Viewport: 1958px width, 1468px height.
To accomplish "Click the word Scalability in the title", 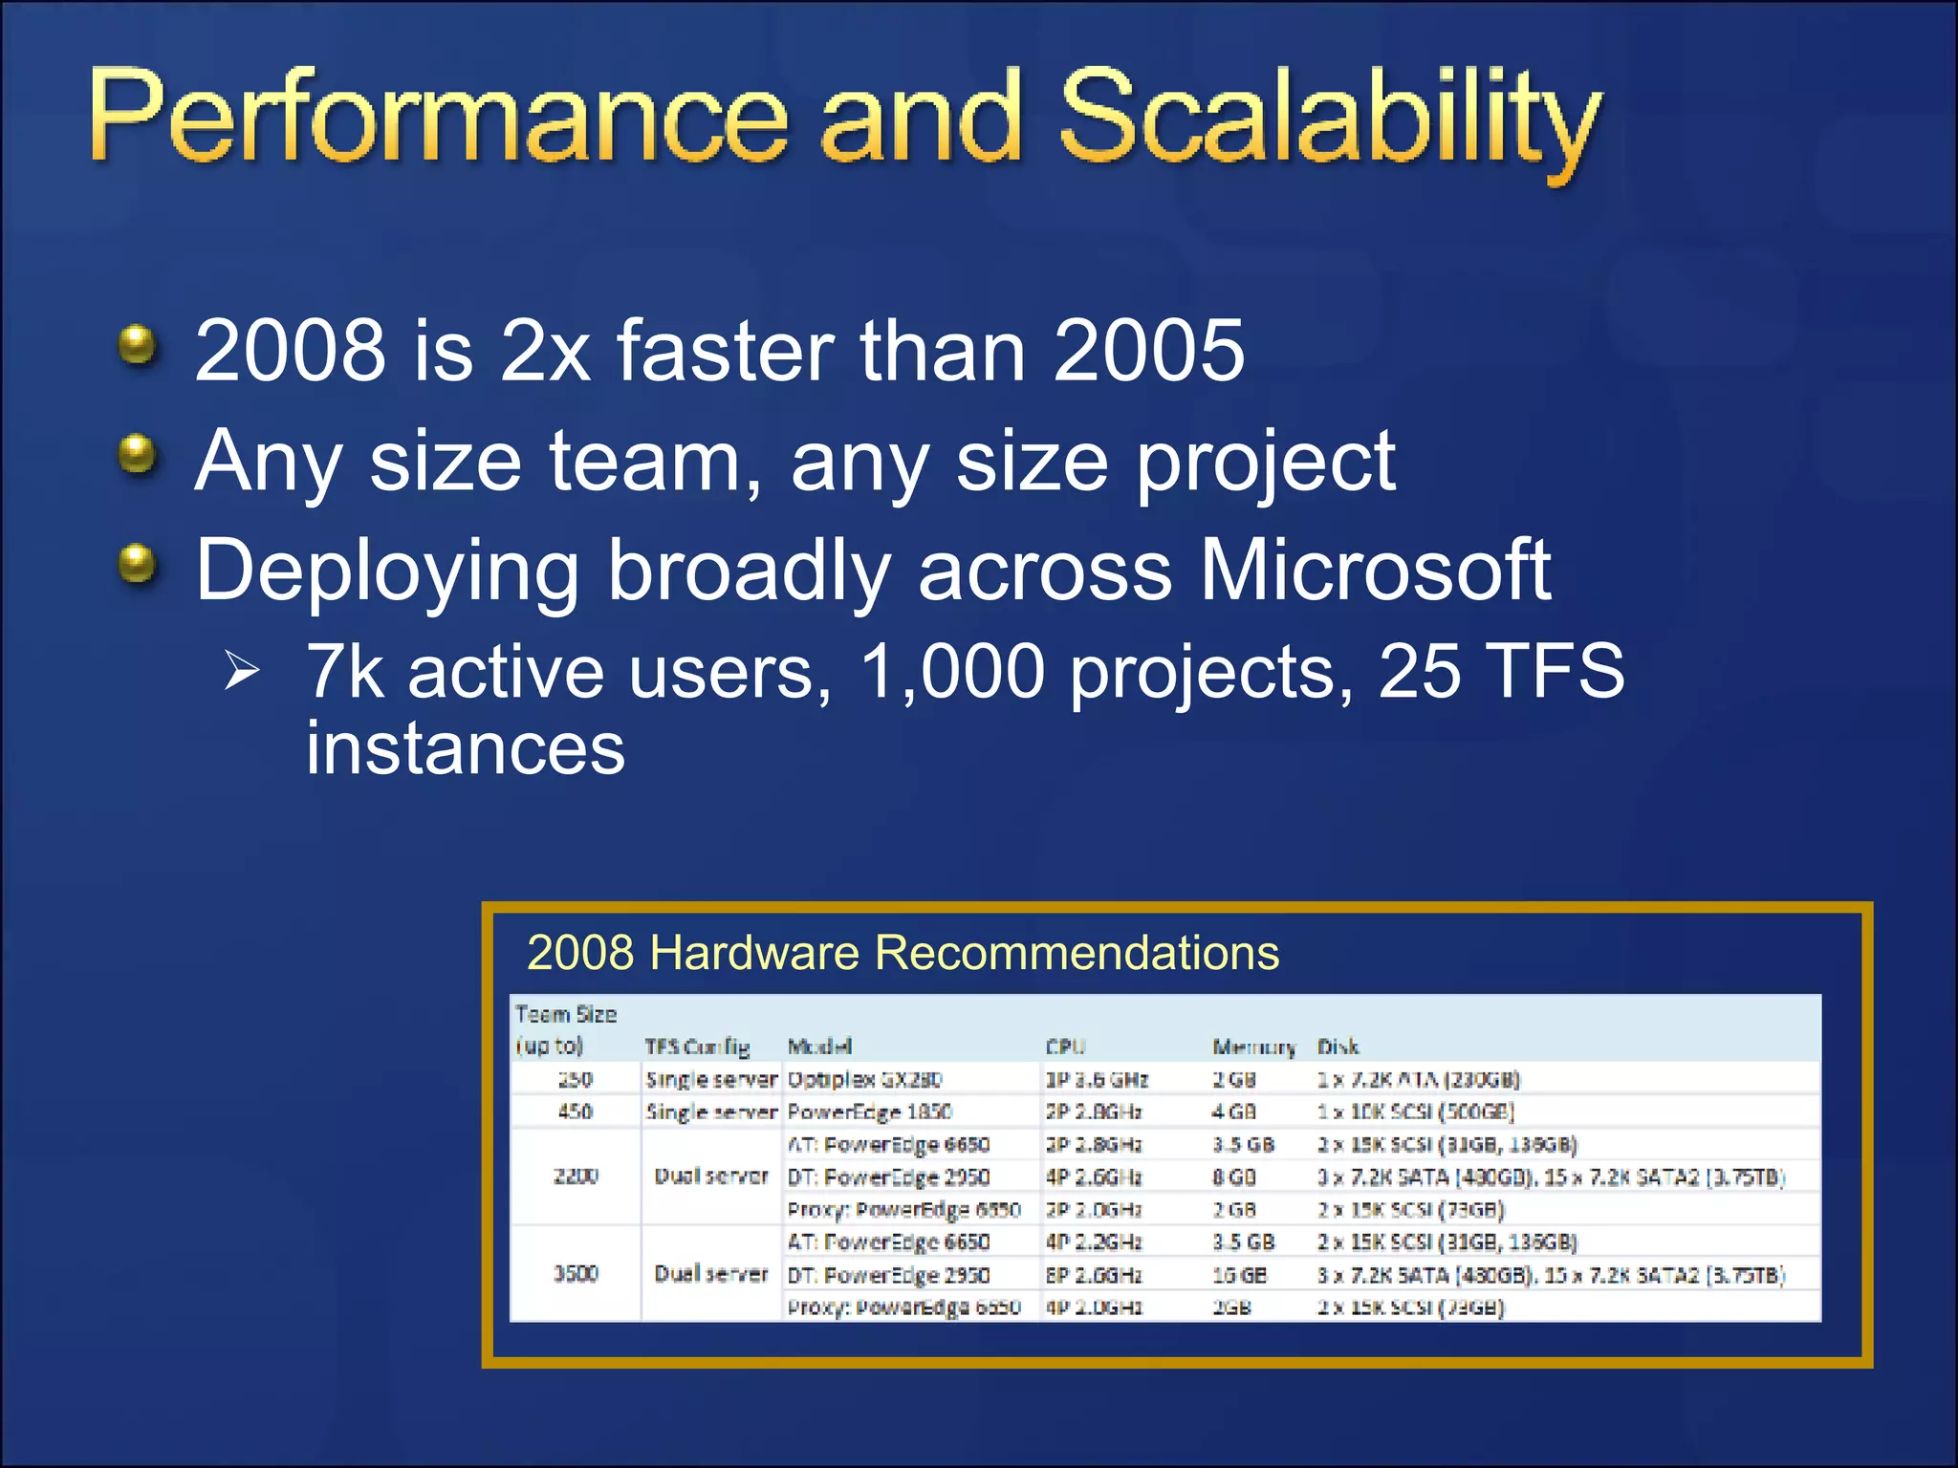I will click(1329, 119).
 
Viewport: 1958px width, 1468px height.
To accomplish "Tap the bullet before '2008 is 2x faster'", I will click(138, 345).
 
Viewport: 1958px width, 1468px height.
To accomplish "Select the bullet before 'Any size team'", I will click(138, 455).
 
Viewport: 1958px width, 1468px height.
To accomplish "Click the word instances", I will click(465, 748).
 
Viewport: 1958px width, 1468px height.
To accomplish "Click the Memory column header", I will click(1252, 1047).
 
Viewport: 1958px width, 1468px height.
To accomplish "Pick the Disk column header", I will click(1337, 1047).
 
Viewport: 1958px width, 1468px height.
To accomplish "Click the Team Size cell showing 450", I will click(576, 1112).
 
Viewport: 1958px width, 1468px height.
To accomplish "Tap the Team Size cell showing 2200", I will click(576, 1177).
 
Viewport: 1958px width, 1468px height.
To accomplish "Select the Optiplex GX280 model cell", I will click(864, 1080).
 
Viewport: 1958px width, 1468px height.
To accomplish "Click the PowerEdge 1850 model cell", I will click(869, 1112).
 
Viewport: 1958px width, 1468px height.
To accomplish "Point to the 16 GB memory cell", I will click(1239, 1275).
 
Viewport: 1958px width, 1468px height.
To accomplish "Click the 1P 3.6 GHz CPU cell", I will click(1096, 1080).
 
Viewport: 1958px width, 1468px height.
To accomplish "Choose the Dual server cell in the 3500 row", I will click(710, 1274).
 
